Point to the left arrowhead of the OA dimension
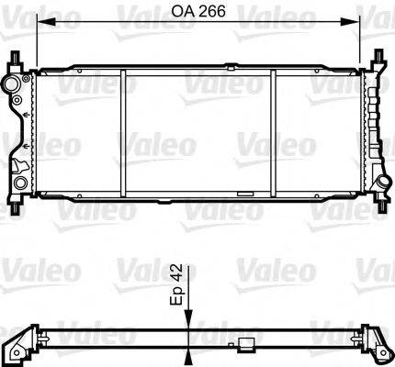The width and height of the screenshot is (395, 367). [40, 23]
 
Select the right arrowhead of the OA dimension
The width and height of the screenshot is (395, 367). [354, 23]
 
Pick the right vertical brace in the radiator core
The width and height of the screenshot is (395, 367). [275, 133]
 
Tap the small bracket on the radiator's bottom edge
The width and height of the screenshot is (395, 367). [244, 195]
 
